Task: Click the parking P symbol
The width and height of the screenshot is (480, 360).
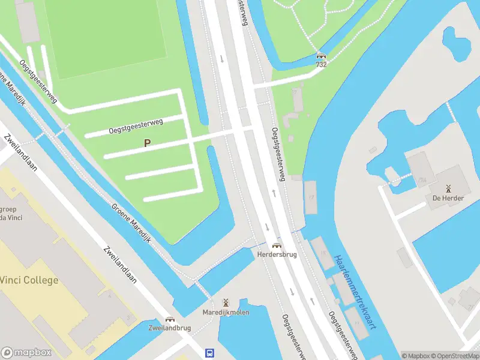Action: pyautogui.click(x=146, y=143)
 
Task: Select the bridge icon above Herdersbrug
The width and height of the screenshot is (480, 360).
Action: pyautogui.click(x=277, y=245)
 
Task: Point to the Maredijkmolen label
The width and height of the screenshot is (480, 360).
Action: pyautogui.click(x=226, y=312)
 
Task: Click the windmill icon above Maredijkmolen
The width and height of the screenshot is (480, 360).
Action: pyautogui.click(x=226, y=302)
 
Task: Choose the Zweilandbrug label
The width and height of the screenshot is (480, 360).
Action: pyautogui.click(x=170, y=328)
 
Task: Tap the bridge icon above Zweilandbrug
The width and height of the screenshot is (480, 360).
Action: pyautogui.click(x=170, y=319)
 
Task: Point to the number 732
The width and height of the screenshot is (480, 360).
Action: pyautogui.click(x=322, y=64)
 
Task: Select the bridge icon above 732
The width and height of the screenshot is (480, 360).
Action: pyautogui.click(x=322, y=55)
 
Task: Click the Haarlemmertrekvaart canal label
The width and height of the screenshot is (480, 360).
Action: pyautogui.click(x=355, y=292)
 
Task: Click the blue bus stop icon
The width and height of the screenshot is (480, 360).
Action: pyautogui.click(x=210, y=353)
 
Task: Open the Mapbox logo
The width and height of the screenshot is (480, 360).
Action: pyautogui.click(x=26, y=353)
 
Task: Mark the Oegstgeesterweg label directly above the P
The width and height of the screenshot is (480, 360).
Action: pyautogui.click(x=136, y=126)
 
